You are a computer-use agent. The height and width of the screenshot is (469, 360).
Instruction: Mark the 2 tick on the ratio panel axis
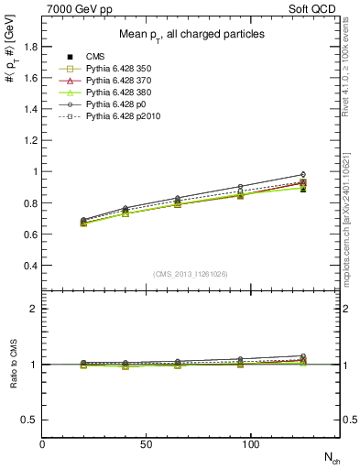35,309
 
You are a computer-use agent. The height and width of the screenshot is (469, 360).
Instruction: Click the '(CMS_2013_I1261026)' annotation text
191,273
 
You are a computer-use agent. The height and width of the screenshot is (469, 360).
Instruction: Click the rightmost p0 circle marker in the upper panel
303,174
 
